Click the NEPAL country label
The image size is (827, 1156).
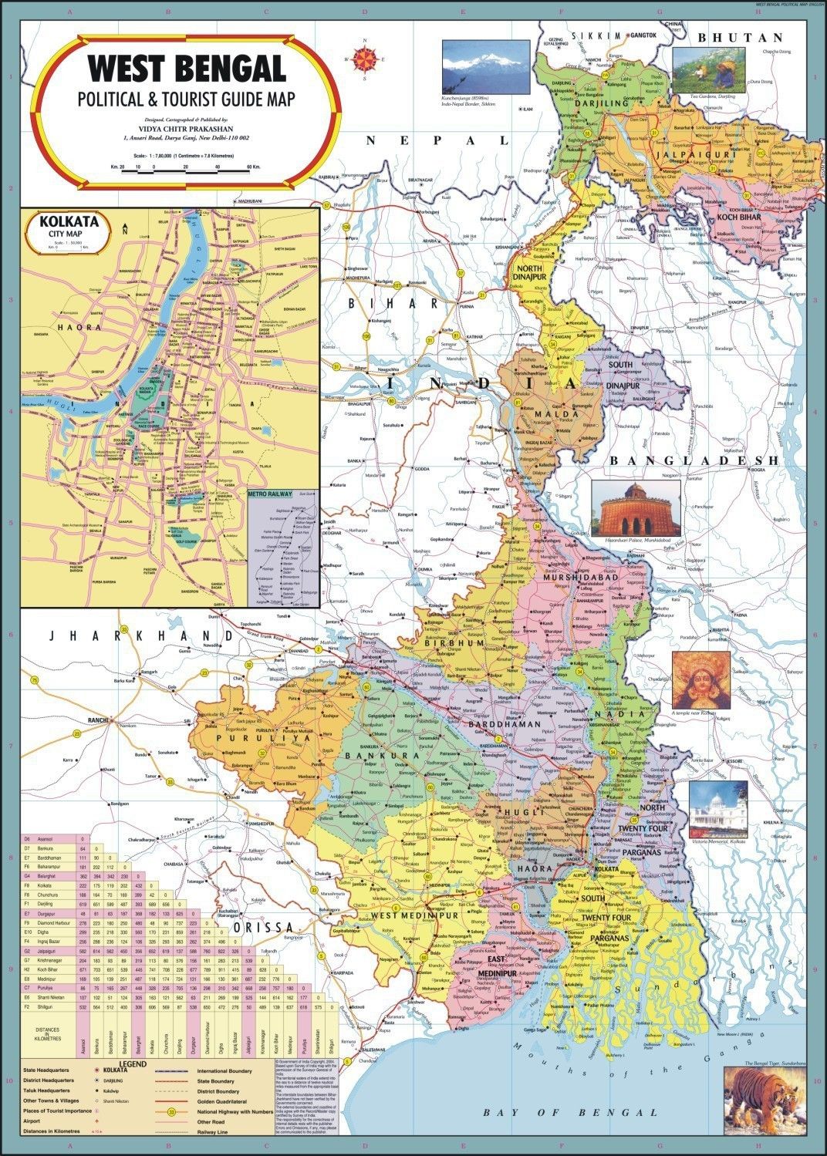tap(437, 140)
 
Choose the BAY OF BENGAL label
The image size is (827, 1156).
tap(570, 1112)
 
